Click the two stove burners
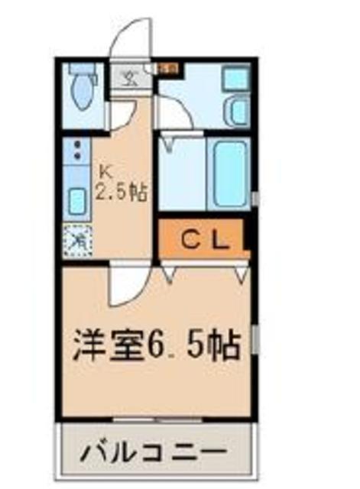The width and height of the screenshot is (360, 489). point(76,152)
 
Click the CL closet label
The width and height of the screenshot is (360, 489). point(204,241)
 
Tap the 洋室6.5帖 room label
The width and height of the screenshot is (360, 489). point(156,346)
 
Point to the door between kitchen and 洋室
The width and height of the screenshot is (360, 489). point(122,287)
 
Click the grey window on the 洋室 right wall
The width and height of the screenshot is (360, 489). point(255,341)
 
